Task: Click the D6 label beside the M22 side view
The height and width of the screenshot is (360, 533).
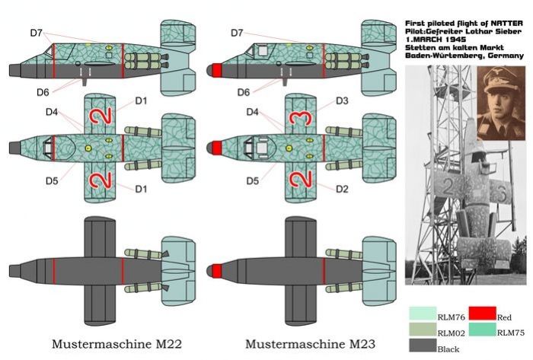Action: (43, 92)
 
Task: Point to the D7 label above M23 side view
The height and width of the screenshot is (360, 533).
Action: (236, 33)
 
